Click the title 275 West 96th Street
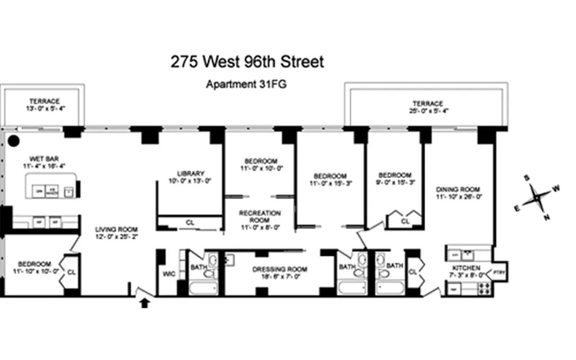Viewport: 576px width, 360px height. [247, 62]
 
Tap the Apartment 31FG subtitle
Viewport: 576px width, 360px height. [246, 84]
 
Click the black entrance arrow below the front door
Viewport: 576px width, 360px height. [144, 303]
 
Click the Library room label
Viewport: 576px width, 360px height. [191, 173]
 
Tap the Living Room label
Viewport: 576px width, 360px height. [116, 229]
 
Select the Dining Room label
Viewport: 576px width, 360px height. [458, 189]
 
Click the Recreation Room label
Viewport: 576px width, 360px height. [260, 213]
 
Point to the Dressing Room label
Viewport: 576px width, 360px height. [279, 270]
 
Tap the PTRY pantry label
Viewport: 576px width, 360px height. [499, 272]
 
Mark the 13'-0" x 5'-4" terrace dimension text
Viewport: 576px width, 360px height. [45, 108]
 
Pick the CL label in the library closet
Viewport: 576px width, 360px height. [191, 222]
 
